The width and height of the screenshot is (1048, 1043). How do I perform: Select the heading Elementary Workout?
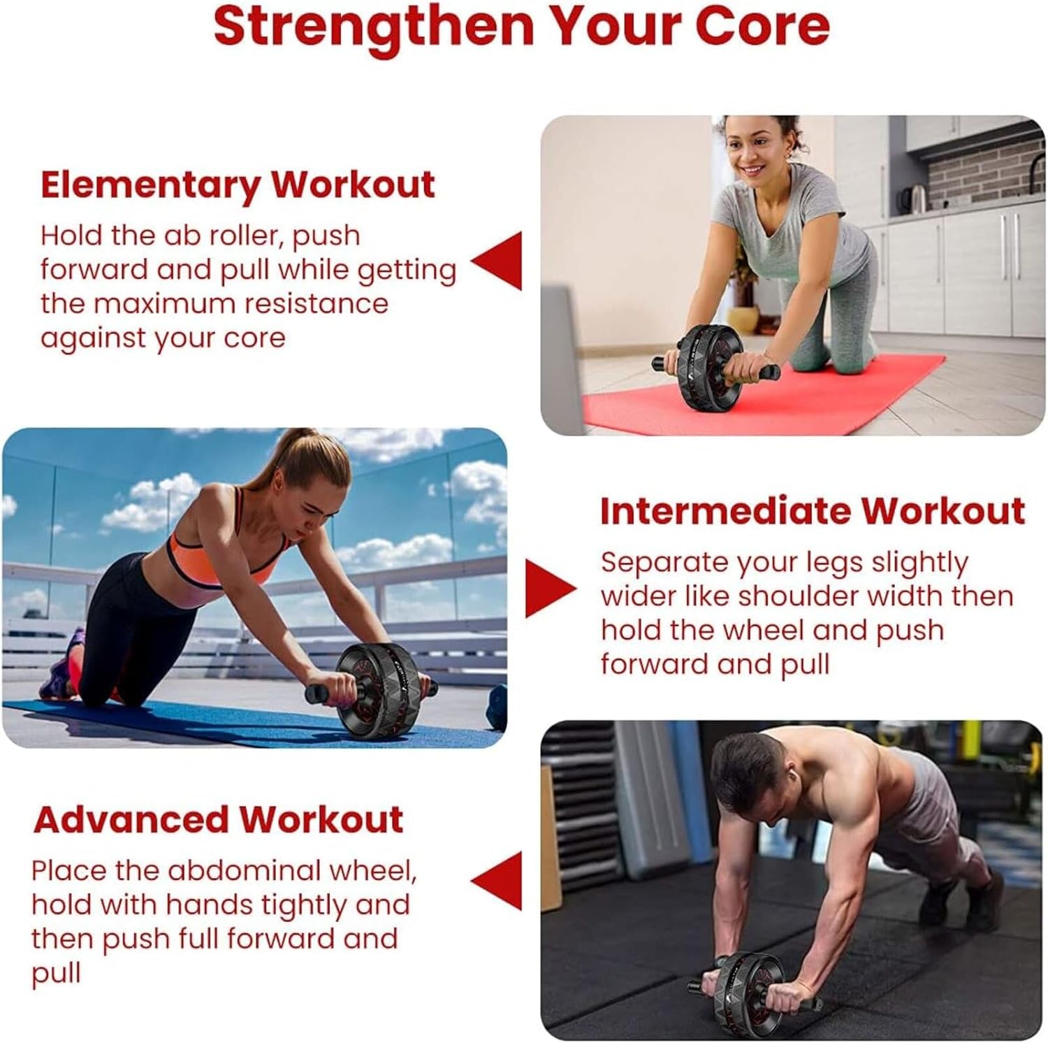tap(238, 185)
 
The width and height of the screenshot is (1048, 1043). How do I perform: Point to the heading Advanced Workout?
tap(218, 819)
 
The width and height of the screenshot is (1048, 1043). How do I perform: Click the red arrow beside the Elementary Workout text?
tap(497, 260)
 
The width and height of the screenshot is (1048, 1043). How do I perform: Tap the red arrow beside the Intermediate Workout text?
tap(551, 589)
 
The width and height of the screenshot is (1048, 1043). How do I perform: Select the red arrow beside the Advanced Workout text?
tap(497, 881)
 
